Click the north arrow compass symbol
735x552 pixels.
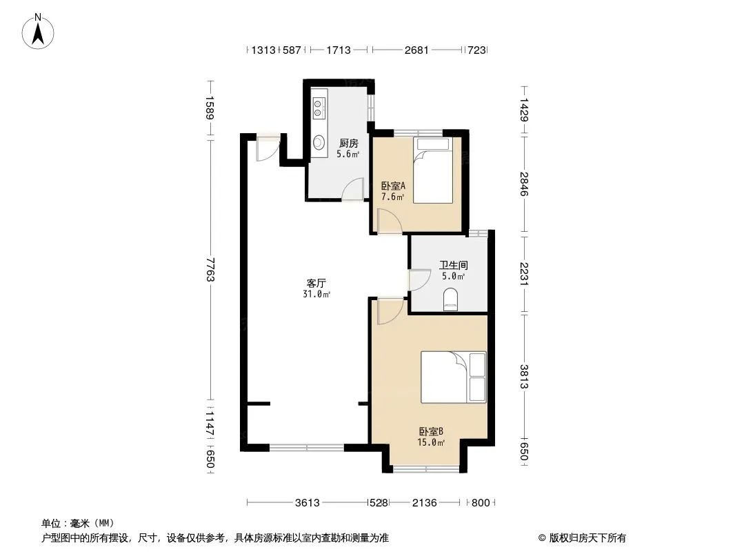(x=38, y=32)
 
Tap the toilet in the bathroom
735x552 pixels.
(x=450, y=299)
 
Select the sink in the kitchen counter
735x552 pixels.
(x=319, y=141)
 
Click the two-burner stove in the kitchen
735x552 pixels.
(x=319, y=108)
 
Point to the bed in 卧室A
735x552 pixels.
(x=432, y=170)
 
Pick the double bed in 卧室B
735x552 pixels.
(x=453, y=377)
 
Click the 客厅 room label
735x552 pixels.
(x=316, y=284)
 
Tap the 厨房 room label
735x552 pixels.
(x=349, y=143)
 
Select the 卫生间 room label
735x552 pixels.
(x=453, y=265)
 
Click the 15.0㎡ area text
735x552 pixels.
(x=431, y=442)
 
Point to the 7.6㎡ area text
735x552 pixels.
(x=393, y=197)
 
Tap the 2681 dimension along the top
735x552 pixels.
(x=416, y=50)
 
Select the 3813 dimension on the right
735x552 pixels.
(x=524, y=377)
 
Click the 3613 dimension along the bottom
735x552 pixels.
(x=308, y=503)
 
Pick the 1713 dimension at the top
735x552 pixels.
(x=339, y=50)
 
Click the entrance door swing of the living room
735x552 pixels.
(x=268, y=149)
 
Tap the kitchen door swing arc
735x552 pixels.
(x=352, y=189)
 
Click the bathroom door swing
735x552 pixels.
(x=420, y=280)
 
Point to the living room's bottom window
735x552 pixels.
(x=307, y=447)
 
